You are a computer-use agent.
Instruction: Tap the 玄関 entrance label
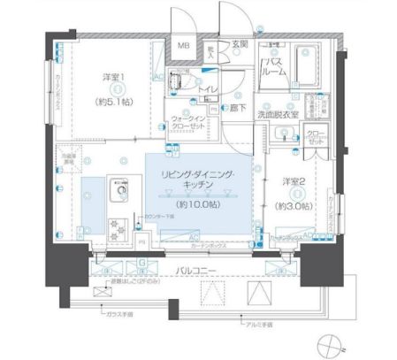[x=240, y=45]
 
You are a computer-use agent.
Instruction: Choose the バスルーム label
[x=276, y=68]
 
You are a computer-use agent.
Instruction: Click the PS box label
[x=141, y=240]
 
